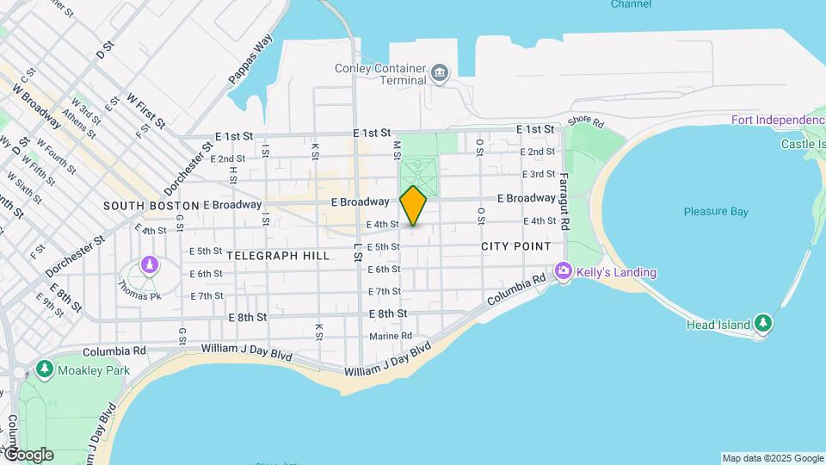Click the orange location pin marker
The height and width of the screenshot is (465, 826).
tap(414, 205)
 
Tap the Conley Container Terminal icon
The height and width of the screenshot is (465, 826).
tap(440, 71)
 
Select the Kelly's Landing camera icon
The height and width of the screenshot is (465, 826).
tap(564, 272)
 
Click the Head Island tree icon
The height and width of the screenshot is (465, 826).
tap(763, 324)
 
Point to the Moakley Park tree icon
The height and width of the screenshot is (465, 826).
tap(45, 369)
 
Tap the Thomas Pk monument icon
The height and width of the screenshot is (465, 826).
tap(151, 264)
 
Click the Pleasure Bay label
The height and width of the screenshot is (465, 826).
tap(716, 212)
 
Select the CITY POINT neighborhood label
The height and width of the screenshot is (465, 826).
tap(516, 246)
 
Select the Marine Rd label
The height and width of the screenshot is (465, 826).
tap(391, 336)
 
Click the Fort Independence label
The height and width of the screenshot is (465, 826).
tap(778, 119)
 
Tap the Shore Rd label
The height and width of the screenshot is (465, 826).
tap(586, 122)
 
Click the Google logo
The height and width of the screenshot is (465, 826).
tap(28, 455)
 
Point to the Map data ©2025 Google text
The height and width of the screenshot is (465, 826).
tap(773, 458)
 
